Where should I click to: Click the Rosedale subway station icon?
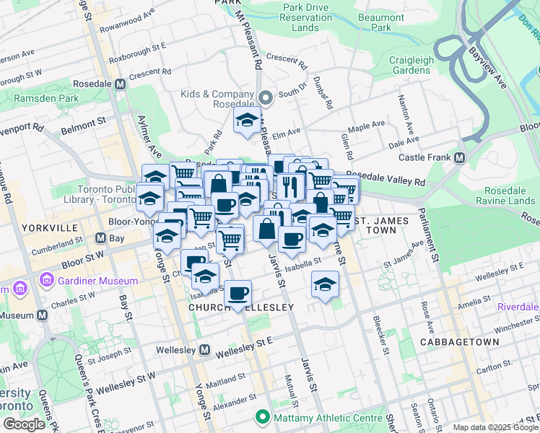pyautogui.click(x=120, y=84)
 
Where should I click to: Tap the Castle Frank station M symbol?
pyautogui.click(x=459, y=157)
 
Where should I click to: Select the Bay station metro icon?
pyautogui.click(x=100, y=237)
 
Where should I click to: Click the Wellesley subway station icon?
pyautogui.click(x=205, y=350)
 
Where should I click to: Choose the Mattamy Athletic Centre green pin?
pyautogui.click(x=261, y=417)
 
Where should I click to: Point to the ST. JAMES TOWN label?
pyautogui.click(x=380, y=224)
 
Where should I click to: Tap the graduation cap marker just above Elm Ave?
pyautogui.click(x=247, y=121)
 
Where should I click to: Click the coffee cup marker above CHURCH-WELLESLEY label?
pyautogui.click(x=238, y=293)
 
